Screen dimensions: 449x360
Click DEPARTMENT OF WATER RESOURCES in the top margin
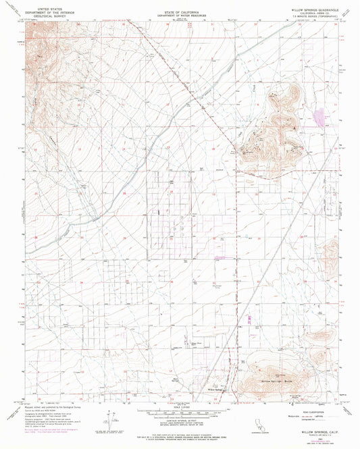[x=179, y=14]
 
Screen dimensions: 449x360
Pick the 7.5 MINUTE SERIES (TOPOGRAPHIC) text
[x=308, y=17]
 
